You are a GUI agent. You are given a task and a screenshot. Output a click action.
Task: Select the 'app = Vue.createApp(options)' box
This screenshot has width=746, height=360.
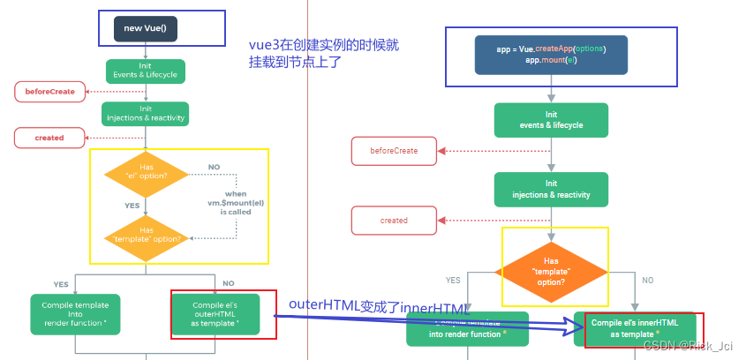click(551, 55)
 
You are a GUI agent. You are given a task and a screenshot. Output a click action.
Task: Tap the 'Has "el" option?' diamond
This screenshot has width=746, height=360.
click(146, 173)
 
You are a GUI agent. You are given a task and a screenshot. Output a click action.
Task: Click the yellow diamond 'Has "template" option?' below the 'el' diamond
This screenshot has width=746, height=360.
click(146, 235)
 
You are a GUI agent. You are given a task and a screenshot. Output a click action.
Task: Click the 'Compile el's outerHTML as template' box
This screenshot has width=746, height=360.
click(216, 314)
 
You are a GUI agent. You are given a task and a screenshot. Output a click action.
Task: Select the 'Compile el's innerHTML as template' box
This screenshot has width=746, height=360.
click(635, 328)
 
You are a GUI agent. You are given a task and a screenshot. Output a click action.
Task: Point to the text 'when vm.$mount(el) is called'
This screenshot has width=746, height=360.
click(236, 202)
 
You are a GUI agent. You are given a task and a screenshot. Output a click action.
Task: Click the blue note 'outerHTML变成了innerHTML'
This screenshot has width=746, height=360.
click(380, 306)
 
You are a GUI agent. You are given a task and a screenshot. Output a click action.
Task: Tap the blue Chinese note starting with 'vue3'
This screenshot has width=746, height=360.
click(330, 53)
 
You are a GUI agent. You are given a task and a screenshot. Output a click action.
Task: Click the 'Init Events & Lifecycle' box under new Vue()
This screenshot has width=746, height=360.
click(145, 71)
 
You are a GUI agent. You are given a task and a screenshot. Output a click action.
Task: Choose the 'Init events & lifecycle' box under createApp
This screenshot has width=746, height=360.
click(551, 120)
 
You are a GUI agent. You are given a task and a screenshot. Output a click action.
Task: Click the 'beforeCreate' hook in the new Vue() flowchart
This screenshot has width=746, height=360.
click(49, 91)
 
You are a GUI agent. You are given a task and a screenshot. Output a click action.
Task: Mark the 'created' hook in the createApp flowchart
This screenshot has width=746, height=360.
click(394, 221)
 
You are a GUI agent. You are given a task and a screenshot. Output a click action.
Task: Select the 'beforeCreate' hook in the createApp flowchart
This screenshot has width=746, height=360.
click(394, 151)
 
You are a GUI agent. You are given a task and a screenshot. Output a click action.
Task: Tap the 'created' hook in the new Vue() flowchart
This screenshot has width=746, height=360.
click(49, 138)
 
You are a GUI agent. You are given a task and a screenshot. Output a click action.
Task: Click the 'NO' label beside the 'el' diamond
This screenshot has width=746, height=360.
click(214, 167)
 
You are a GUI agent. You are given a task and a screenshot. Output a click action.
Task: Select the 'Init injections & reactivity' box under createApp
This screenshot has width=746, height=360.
click(551, 189)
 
